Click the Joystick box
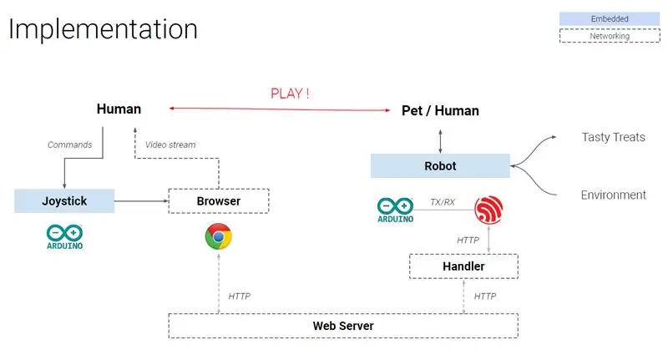pos(64,200)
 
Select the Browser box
pos(219,200)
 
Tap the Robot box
pos(440,165)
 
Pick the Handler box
pos(463,266)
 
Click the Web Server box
pos(343,326)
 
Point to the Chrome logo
pos(219,236)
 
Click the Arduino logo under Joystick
pos(65,237)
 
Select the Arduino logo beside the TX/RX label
pos(395,210)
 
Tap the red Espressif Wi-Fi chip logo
pos(488,210)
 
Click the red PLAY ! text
pos(290,94)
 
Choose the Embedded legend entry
pos(610,18)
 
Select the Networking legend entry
pos(610,36)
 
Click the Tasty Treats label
pos(614,137)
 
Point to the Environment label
pos(614,195)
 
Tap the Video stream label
pos(170,145)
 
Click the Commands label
pos(69,145)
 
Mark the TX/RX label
pos(443,202)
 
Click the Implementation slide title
pos(103,29)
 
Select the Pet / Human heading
pos(440,111)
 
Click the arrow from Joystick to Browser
pos(141,200)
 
